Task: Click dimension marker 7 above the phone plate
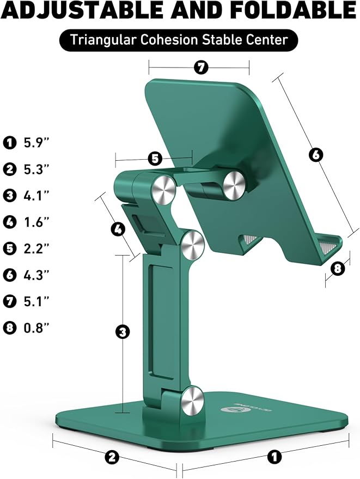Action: [201, 68]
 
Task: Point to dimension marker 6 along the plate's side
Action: [315, 155]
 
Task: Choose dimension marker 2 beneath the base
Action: [112, 457]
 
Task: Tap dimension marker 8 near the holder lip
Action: [338, 269]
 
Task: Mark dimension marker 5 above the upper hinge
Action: [155, 159]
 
